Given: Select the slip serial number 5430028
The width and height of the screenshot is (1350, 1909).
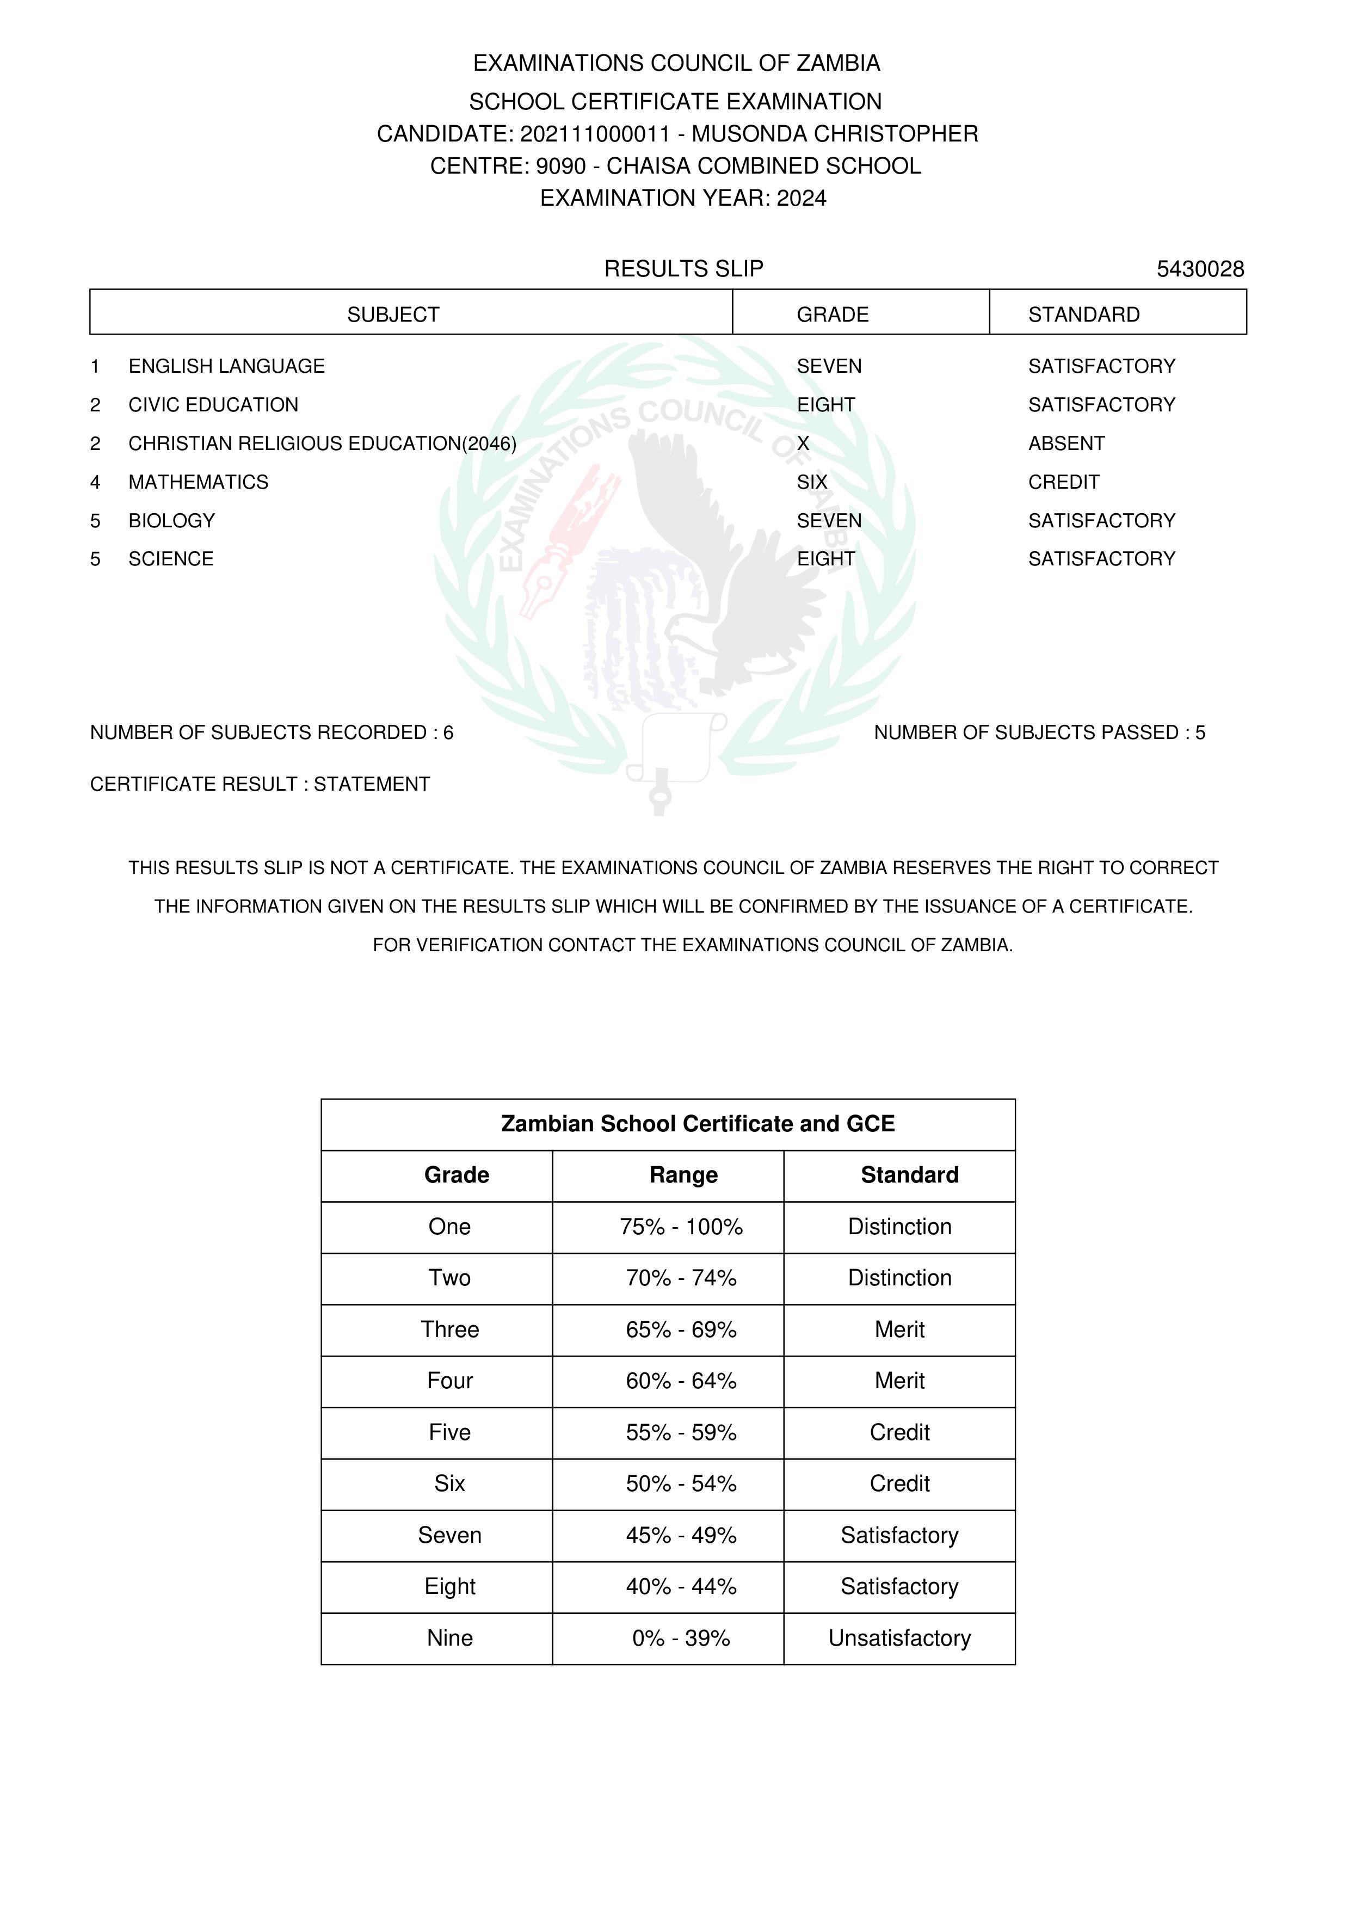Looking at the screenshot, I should [1199, 269].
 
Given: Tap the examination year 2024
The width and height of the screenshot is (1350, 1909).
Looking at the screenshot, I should [802, 198].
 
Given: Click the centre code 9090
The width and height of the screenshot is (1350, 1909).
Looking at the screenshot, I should [560, 167].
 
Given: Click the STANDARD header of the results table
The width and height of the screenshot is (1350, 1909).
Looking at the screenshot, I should [1083, 315].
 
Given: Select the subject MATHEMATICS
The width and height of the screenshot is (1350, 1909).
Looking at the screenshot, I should [198, 482].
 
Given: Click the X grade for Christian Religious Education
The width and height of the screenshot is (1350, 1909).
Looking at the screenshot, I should [803, 444].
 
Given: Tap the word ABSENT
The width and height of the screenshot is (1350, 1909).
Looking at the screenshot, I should [1066, 444].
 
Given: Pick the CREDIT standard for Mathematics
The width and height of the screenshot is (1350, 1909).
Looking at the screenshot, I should [1063, 482].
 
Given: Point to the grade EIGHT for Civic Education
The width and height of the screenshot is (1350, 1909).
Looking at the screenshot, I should [825, 405].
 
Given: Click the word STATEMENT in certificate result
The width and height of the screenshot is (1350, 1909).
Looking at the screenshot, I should [372, 784].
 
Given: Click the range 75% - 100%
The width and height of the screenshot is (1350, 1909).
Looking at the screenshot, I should [681, 1227].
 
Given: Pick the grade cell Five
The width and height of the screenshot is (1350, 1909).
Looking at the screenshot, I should [449, 1433].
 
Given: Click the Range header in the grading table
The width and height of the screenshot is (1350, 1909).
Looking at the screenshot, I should [683, 1175].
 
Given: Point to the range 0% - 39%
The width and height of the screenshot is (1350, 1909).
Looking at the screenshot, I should [681, 1638].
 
